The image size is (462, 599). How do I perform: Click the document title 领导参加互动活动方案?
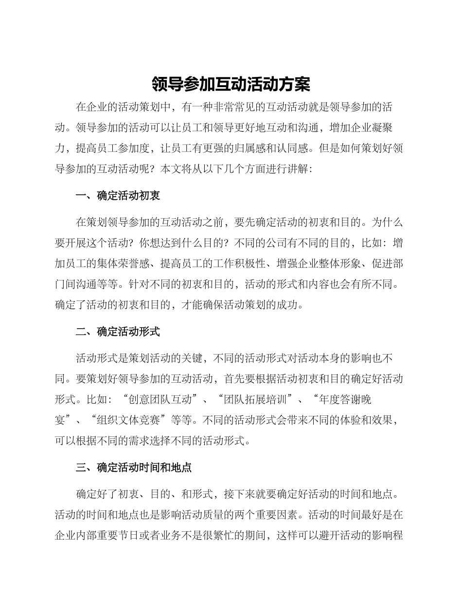231,84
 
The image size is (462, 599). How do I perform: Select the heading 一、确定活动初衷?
118,196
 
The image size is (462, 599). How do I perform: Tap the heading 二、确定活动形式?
118,332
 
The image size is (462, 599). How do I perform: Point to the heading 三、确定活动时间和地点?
134,468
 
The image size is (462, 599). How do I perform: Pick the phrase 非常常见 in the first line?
234,107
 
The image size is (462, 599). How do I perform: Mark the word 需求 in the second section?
133,441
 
